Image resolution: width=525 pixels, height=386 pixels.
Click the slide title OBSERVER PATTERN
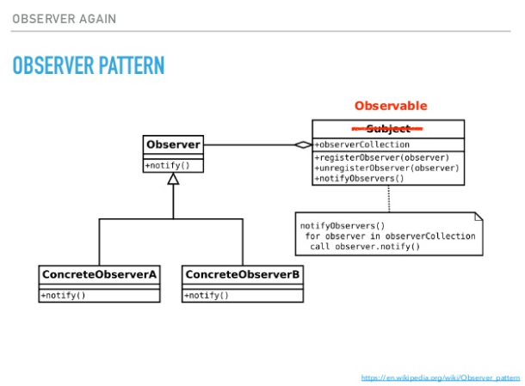pos(88,65)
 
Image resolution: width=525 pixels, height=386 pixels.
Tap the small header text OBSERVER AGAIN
pos(64,18)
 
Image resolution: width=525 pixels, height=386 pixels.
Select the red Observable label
pos(390,106)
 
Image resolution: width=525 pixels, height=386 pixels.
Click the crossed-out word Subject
pos(388,129)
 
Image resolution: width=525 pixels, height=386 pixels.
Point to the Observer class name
pos(173,144)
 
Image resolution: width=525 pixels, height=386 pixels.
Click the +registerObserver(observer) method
pos(382,157)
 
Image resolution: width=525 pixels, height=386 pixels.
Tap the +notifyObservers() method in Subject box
pos(360,178)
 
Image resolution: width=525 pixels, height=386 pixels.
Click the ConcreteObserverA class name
pos(99,275)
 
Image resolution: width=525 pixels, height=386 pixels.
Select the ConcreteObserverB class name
pos(242,275)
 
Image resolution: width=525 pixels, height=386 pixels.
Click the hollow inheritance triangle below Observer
pos(173,179)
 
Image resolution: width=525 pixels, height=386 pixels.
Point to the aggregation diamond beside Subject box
pos(302,144)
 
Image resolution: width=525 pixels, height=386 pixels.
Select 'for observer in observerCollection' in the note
pos(388,236)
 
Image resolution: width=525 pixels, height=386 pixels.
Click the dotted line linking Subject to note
pos(388,199)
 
